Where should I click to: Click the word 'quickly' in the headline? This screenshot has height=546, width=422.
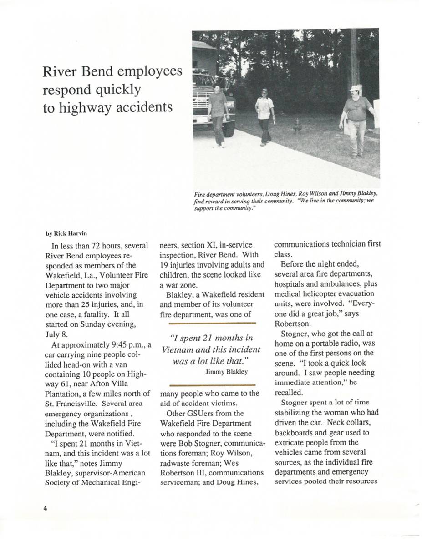[x=118, y=90]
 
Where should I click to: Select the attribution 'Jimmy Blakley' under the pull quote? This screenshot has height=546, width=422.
[x=226, y=372]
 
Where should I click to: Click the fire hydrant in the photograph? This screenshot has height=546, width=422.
[x=298, y=125]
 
